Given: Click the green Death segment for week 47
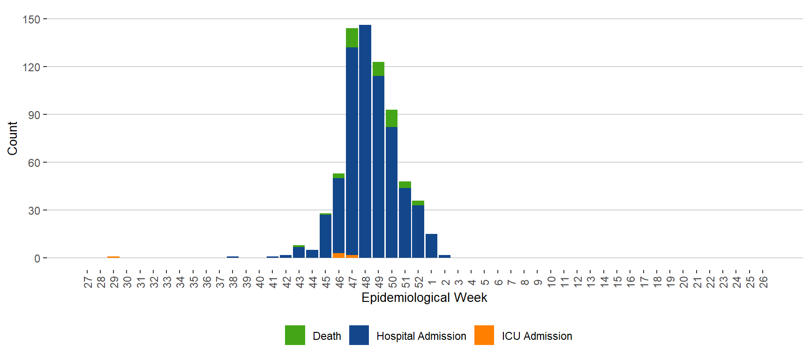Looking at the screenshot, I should point(352,38).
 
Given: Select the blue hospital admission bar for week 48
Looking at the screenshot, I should point(365,141).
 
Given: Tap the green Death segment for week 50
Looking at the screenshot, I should point(391,119).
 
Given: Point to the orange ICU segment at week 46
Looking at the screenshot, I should point(338,255).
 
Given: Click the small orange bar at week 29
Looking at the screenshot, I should point(113,257).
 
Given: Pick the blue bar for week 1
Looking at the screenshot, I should point(431,246).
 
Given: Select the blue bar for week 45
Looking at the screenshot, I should point(325,236).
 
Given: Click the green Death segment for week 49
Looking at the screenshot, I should point(378,69).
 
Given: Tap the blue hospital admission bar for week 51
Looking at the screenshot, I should point(405,223).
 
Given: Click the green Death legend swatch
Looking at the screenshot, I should point(295,335).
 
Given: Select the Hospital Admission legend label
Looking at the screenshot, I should point(421,336).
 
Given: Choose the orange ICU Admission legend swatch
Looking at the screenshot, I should point(484,335).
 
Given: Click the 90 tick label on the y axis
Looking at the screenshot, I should point(34,115).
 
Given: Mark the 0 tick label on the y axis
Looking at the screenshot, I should point(37,258).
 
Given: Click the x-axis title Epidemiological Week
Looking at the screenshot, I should point(424,298).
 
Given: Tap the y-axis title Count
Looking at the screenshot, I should point(12,138).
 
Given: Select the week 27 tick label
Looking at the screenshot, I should point(88,282).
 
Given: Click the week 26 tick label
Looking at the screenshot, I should point(763,282).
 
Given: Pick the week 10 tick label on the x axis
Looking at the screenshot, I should point(551,282).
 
